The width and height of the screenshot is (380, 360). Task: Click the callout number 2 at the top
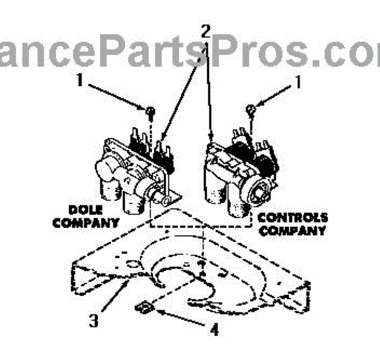click(x=205, y=30)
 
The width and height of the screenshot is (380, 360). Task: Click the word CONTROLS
click(x=291, y=217)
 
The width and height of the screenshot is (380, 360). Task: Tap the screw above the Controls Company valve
click(x=252, y=110)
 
